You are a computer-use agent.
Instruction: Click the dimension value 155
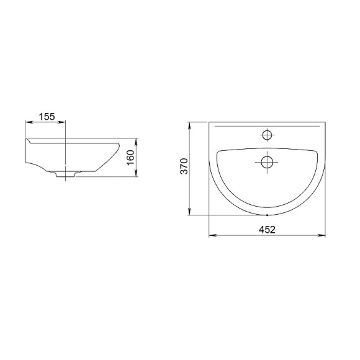coord(47,117)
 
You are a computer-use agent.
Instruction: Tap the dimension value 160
coord(130,157)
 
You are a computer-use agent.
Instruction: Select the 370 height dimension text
coord(184,166)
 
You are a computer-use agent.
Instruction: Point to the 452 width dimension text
coord(267,230)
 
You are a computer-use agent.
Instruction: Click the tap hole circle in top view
coord(267,135)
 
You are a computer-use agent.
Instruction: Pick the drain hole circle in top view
coord(267,162)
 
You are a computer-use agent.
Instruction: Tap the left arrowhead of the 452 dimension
coord(212,235)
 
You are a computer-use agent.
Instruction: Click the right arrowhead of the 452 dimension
coord(322,235)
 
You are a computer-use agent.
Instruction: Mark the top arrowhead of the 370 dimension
coord(189,125)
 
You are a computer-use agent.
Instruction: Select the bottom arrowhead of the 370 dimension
coord(189,212)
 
